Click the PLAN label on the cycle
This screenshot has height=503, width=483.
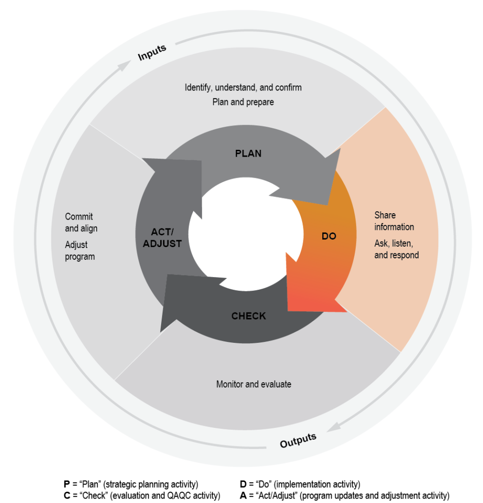click(248, 154)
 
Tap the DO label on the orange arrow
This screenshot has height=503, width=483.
click(329, 236)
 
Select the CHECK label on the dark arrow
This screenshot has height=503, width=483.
click(249, 316)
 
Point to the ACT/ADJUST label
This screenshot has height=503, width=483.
click(159, 237)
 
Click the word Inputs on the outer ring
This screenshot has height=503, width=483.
click(152, 53)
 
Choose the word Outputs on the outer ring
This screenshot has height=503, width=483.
click(298, 440)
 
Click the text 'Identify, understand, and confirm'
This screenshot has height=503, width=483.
click(243, 87)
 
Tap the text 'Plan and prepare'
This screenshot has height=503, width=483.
click(243, 102)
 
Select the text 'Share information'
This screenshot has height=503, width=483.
click(394, 221)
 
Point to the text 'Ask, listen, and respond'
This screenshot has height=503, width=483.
click(397, 250)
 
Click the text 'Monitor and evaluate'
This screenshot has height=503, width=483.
click(254, 384)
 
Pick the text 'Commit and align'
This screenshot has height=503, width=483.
click(81, 223)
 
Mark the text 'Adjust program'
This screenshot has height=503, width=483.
click(80, 251)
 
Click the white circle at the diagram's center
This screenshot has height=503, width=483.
click(246, 234)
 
